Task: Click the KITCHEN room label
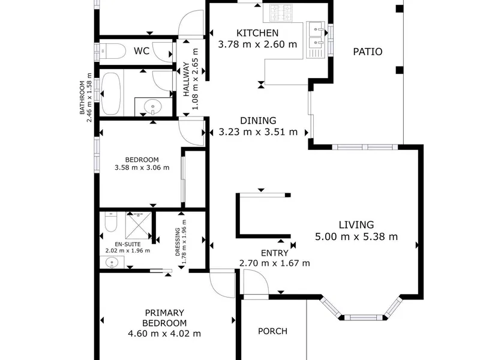257,33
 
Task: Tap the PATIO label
368,52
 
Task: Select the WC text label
142,51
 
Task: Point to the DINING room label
258,121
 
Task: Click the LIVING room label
356,224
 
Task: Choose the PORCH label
272,331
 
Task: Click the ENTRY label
275,253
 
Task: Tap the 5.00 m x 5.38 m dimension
356,236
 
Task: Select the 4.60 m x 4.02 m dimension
164,334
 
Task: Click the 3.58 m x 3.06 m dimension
142,167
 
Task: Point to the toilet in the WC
113,51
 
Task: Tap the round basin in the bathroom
153,107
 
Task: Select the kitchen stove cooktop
281,13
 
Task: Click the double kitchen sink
316,40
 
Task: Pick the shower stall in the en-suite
139,226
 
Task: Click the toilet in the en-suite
111,221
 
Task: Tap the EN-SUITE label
128,244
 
